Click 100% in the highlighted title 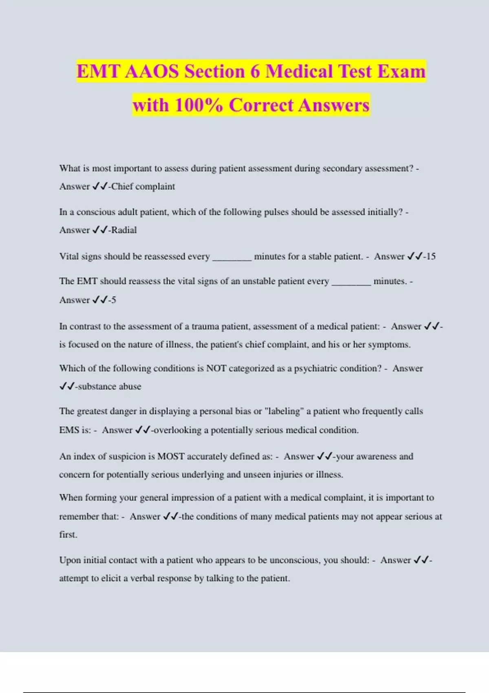coord(199,106)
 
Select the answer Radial coord(124,230)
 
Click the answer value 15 coord(431,257)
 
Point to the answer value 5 coord(114,300)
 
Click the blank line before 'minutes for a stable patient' coord(232,258)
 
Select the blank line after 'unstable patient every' coord(351,283)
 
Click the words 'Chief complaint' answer coord(143,187)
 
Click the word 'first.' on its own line coord(68,535)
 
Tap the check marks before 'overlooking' coord(143,430)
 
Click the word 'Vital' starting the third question coord(69,257)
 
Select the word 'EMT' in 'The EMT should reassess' coord(87,281)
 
